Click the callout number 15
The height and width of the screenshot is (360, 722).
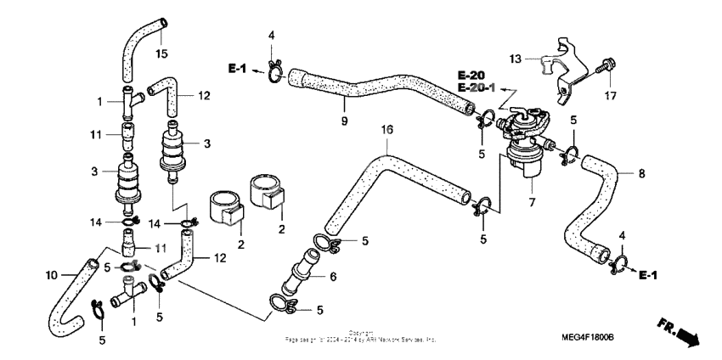pos(161,55)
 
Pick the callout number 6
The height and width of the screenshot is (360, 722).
pos(333,276)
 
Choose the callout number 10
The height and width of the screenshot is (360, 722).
pos(50,274)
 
